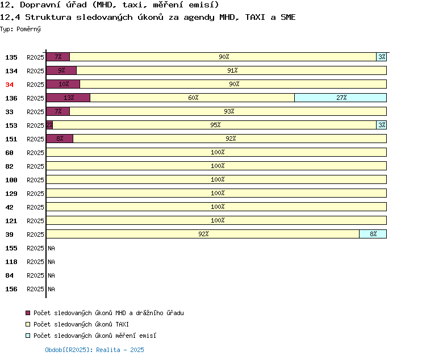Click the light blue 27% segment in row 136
(340, 98)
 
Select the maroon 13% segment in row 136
(68, 98)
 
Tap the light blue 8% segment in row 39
(373, 234)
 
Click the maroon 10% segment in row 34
(63, 84)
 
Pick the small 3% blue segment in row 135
(382, 57)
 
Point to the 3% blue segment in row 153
(382, 125)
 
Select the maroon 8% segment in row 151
(60, 139)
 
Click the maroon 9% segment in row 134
(61, 70)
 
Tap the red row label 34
(9, 85)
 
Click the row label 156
(11, 289)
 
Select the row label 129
(11, 194)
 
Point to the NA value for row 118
(51, 262)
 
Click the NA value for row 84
(51, 275)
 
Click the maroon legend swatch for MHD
(28, 313)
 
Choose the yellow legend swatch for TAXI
(28, 324)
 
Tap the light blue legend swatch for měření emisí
(28, 336)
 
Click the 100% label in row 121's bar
(218, 220)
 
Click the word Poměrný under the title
(28, 29)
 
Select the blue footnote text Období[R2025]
(67, 350)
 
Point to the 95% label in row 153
(215, 125)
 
